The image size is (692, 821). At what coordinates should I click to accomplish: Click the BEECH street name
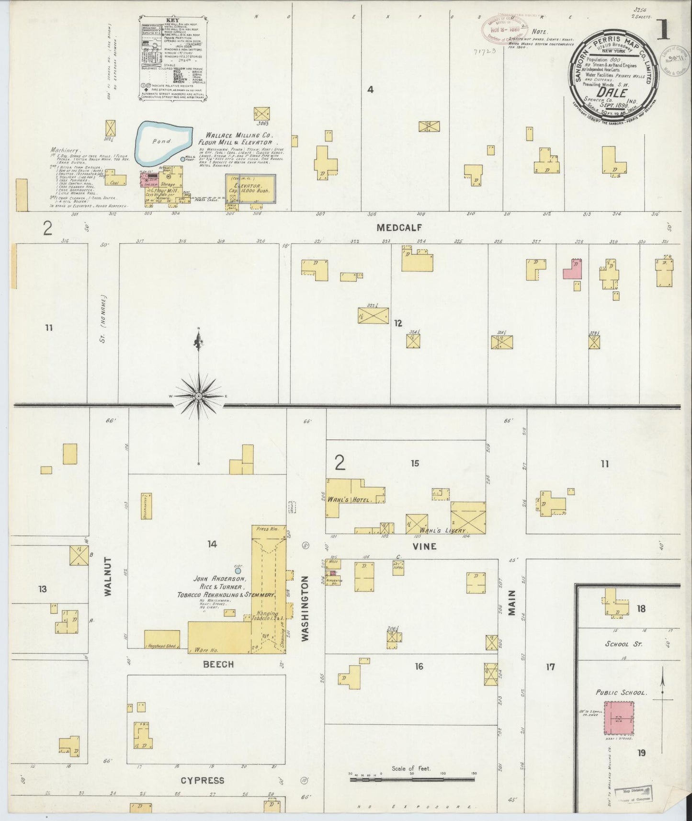218,664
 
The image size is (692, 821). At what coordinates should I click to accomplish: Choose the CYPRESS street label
203,780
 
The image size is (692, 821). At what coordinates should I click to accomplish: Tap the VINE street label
425,546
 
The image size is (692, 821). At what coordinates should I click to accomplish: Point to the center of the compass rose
199,397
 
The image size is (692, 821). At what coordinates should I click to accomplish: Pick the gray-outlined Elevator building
251,189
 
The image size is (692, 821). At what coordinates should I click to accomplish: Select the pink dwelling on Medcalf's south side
573,270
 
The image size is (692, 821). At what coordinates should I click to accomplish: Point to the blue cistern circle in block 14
238,571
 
